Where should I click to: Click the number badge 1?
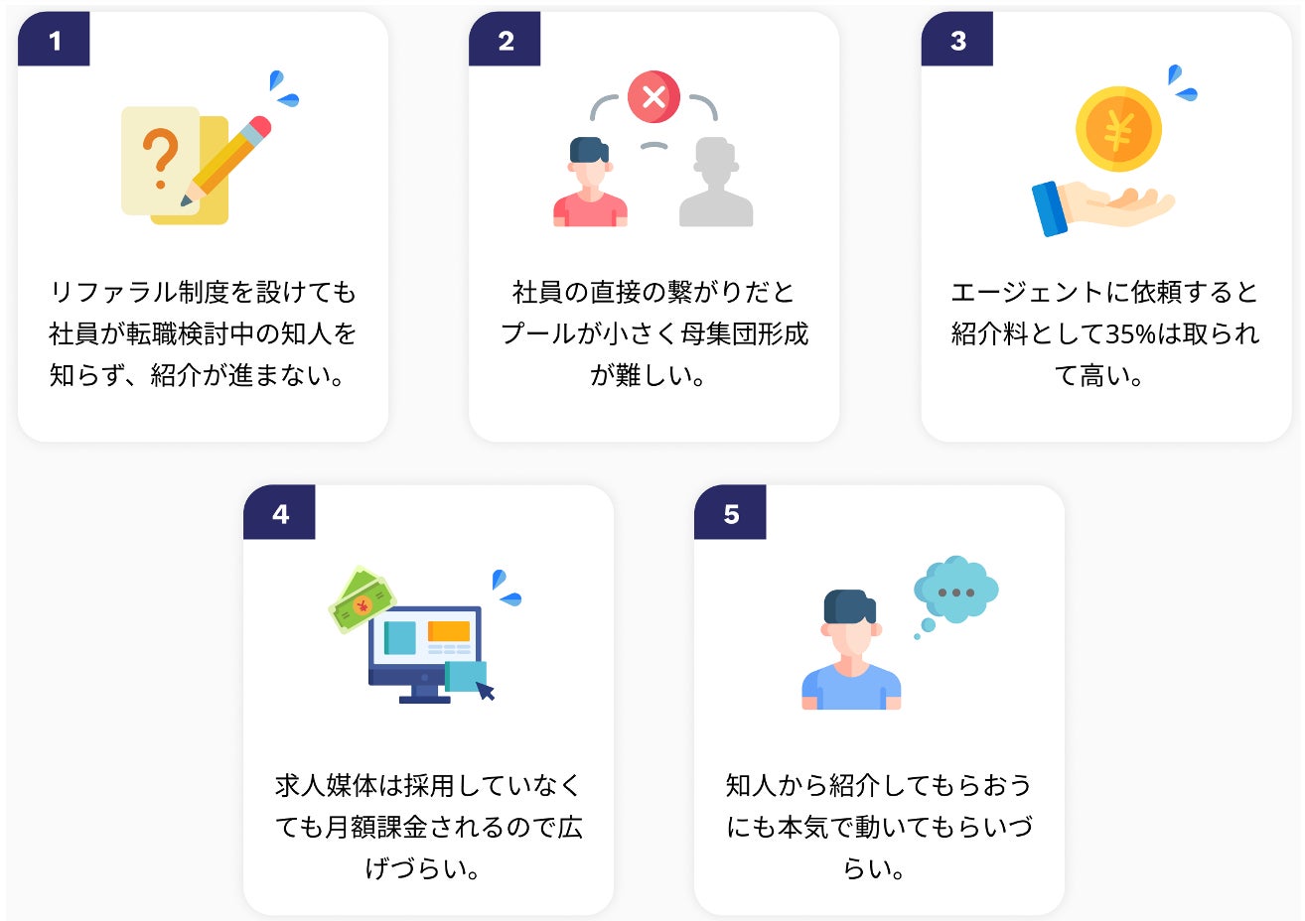[54, 40]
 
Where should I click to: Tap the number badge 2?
[506, 40]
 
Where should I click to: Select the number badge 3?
[957, 40]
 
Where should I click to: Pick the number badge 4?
[280, 513]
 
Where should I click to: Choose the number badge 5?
[731, 513]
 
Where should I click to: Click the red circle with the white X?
[653, 96]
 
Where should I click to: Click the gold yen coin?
[1118, 130]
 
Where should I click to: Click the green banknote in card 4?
[362, 599]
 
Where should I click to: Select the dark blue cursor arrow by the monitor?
[486, 690]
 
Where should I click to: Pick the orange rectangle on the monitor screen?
[448, 631]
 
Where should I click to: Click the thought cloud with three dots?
[955, 590]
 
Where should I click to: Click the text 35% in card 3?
[1130, 334]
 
